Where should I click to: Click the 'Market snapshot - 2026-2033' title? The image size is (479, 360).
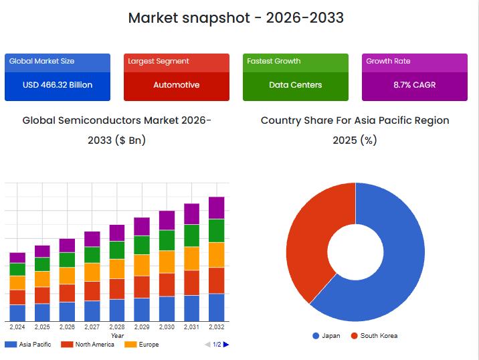click(235, 18)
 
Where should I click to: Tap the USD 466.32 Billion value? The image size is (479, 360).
click(58, 85)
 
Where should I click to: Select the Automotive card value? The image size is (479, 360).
click(177, 85)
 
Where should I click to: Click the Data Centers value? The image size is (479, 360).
click(296, 85)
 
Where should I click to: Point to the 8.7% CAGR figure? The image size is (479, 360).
click(415, 85)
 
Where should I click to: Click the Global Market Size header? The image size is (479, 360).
click(41, 61)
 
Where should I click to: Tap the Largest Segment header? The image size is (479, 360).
click(158, 61)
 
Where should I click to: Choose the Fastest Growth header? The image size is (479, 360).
click(274, 61)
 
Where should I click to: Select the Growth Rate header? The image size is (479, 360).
click(388, 61)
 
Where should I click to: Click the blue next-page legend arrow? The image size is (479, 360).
click(226, 345)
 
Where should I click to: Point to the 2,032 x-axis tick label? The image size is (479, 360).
click(217, 327)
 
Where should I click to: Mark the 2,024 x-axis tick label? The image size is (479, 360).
click(17, 327)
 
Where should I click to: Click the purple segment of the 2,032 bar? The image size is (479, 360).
click(217, 207)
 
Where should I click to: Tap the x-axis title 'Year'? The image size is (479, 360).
click(117, 335)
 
